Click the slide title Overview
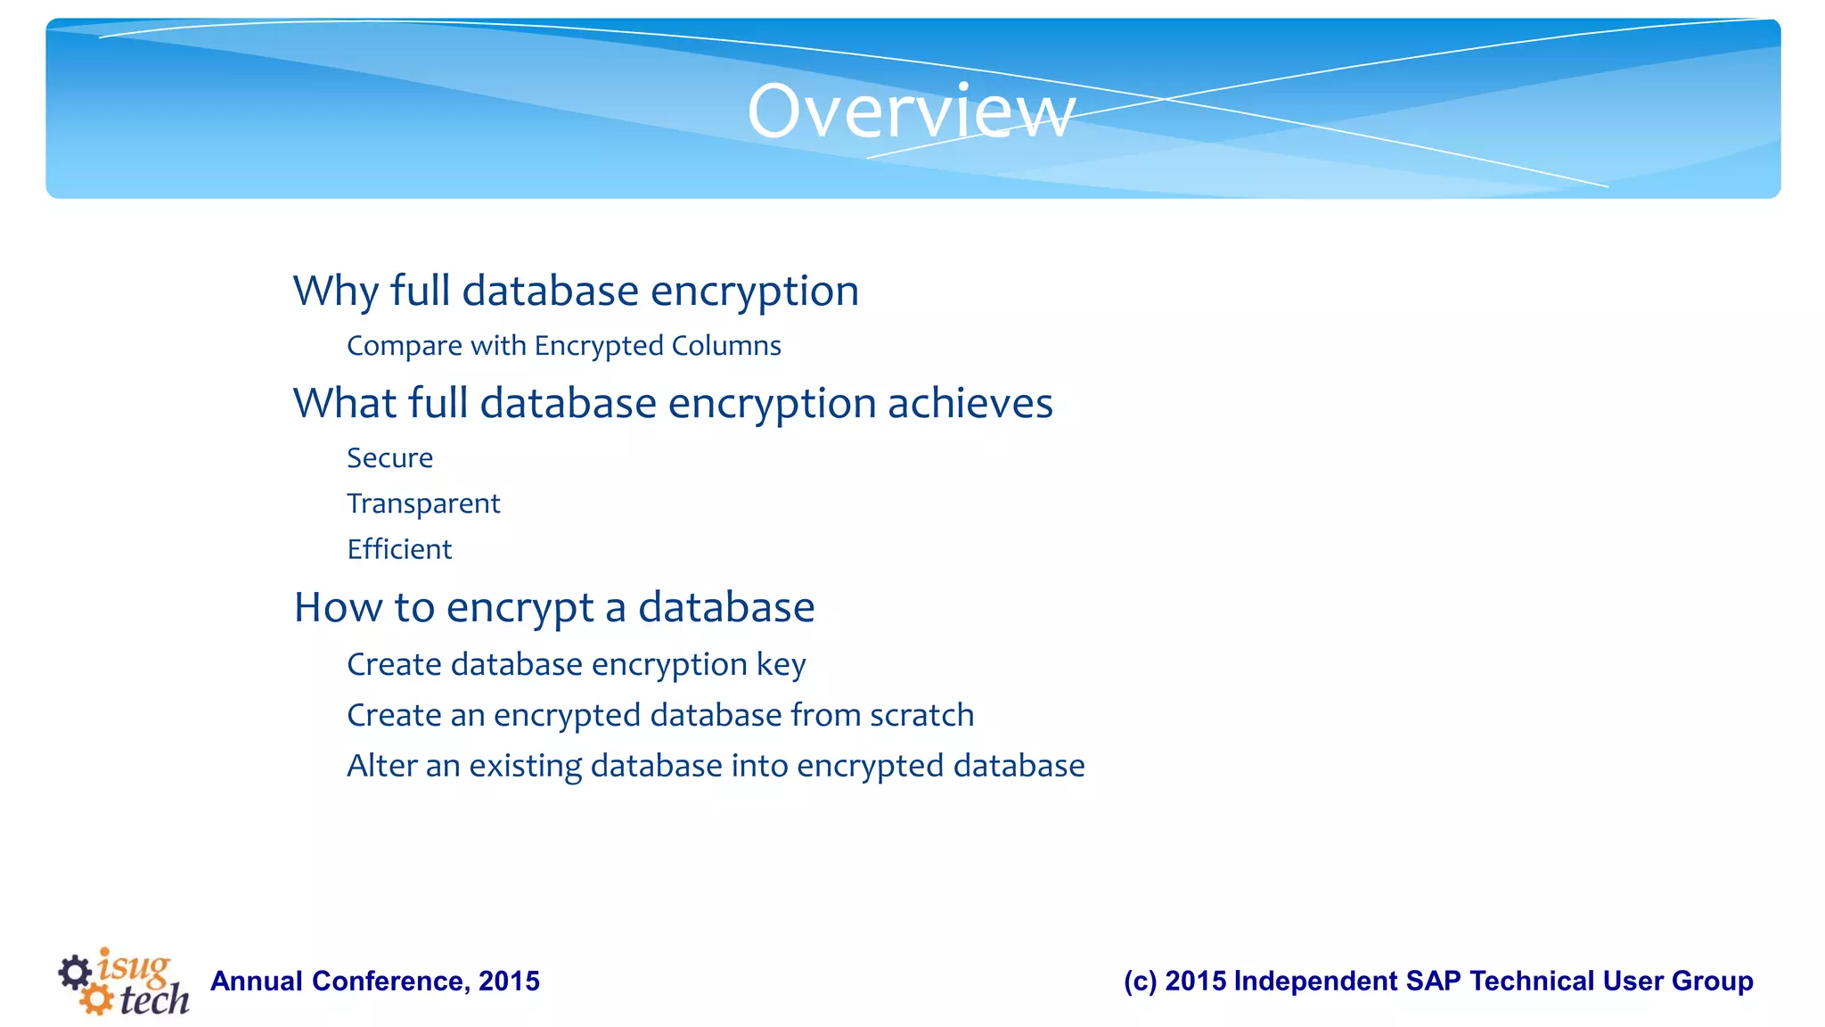point(911,111)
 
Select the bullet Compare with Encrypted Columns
point(563,346)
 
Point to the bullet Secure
point(389,458)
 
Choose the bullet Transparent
point(423,504)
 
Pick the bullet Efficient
point(399,549)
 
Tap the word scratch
point(921,715)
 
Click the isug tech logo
point(125,982)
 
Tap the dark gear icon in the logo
point(75,972)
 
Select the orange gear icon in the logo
point(95,998)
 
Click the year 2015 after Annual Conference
point(509,982)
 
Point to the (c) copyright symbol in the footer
point(1140,982)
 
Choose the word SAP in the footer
point(1433,982)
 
